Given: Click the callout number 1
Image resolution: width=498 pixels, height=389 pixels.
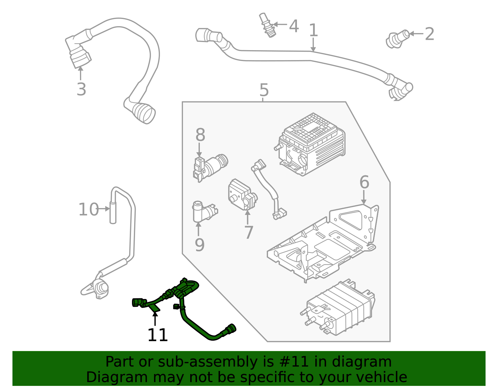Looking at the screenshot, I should [313, 31].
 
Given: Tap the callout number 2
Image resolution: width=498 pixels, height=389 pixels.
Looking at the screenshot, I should [429, 34].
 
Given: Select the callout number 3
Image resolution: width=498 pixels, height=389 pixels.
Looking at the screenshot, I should [81, 89].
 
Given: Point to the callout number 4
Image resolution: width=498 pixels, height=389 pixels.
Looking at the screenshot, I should [294, 26].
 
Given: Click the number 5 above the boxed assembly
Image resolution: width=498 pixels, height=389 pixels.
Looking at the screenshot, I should [264, 90].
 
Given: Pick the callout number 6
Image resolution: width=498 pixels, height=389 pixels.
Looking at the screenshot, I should [364, 182].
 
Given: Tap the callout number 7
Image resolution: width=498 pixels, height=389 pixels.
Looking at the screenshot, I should [248, 232].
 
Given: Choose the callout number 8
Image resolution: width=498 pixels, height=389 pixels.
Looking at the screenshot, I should [200, 135].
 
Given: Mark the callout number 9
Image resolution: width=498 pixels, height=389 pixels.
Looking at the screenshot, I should [200, 245].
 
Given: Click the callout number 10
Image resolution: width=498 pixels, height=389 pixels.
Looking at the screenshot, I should [88, 210].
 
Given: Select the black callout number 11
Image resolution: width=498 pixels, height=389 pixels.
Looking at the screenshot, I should [157, 335].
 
